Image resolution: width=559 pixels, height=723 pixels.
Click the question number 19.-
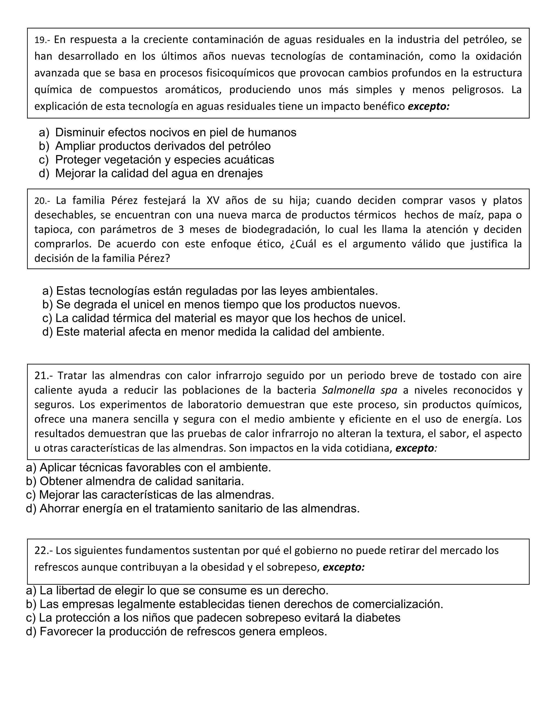pos(42,40)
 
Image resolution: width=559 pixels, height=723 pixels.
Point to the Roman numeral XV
pos(213,201)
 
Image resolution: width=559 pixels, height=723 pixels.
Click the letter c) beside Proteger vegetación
pos(44,160)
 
